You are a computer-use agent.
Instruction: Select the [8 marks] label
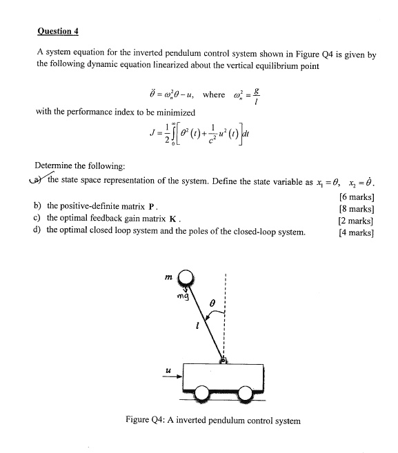357,208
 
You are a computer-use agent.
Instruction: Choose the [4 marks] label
357,232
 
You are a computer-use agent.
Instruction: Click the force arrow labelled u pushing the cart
175,376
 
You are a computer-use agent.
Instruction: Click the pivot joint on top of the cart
223,359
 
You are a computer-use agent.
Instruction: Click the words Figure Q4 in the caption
147,420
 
